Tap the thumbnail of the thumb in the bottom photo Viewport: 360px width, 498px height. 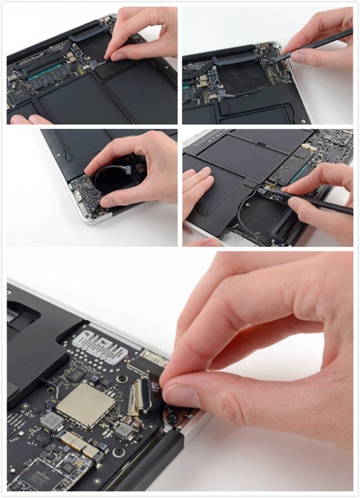point(180,395)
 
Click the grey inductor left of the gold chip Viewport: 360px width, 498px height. point(52,420)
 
